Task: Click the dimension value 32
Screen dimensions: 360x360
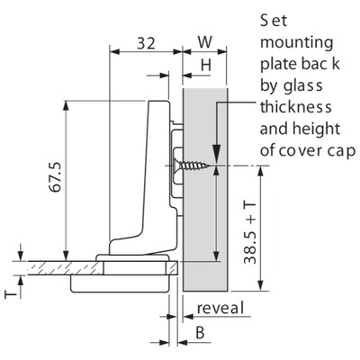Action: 147,43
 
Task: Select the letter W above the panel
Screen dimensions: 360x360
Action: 205,42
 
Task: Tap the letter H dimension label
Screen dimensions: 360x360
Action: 206,65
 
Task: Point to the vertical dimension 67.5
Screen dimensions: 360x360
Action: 56,177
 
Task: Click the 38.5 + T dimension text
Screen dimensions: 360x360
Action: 250,232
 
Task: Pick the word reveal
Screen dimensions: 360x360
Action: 220,308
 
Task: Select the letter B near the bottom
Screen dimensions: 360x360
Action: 200,333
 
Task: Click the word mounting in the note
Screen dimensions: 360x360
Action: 296,42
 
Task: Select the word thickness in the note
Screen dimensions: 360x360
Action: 295,107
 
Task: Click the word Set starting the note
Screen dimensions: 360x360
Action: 274,21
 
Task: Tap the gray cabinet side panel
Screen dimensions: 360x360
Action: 205,190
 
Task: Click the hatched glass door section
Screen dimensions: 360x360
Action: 64,267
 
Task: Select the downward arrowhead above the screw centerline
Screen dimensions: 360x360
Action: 217,155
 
